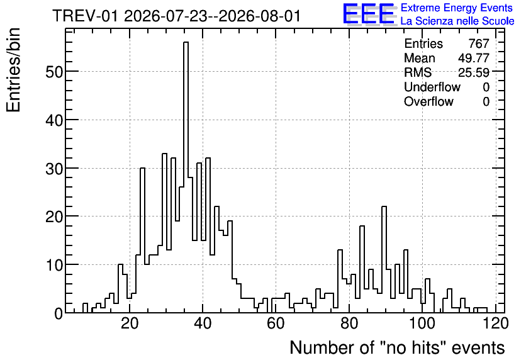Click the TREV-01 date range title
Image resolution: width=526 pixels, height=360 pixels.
(176, 16)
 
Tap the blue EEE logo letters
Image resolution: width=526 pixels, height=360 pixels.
(369, 14)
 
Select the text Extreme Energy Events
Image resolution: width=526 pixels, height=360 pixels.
(457, 8)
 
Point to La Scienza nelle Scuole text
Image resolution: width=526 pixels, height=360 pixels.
(457, 21)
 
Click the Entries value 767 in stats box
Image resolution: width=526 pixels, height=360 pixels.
(479, 43)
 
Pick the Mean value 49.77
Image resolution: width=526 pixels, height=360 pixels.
(474, 58)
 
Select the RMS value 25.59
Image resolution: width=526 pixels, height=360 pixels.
(474, 72)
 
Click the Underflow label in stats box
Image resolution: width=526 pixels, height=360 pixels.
(432, 87)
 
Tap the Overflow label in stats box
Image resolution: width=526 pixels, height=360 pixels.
(428, 101)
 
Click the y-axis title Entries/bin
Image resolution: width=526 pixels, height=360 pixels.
(13, 70)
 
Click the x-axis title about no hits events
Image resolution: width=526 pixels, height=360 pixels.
(397, 347)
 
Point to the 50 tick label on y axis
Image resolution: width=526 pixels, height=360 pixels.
(54, 72)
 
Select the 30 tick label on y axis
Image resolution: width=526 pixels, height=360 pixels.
(54, 169)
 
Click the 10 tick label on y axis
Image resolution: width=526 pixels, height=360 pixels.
(54, 265)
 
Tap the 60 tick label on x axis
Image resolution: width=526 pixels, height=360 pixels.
(276, 323)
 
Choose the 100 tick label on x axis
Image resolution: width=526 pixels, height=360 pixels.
(422, 323)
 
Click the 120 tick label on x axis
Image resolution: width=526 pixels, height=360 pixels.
(495, 323)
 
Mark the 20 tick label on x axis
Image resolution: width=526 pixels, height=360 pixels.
(130, 323)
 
